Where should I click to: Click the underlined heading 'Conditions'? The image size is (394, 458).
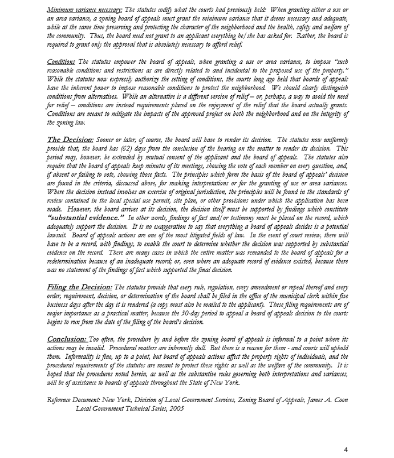point(61,62)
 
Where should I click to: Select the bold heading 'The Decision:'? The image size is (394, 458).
point(70,140)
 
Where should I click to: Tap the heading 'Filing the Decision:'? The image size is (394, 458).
point(80,287)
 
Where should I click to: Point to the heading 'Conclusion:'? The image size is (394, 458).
point(67,339)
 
